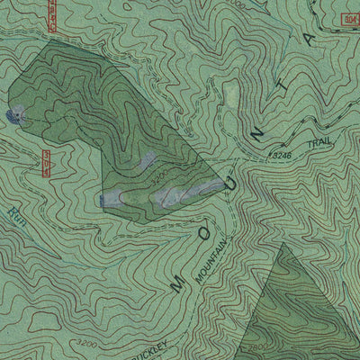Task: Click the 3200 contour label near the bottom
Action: click(x=86, y=343)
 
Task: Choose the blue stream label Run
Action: click(x=14, y=214)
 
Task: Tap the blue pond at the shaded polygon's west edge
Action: click(x=14, y=114)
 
